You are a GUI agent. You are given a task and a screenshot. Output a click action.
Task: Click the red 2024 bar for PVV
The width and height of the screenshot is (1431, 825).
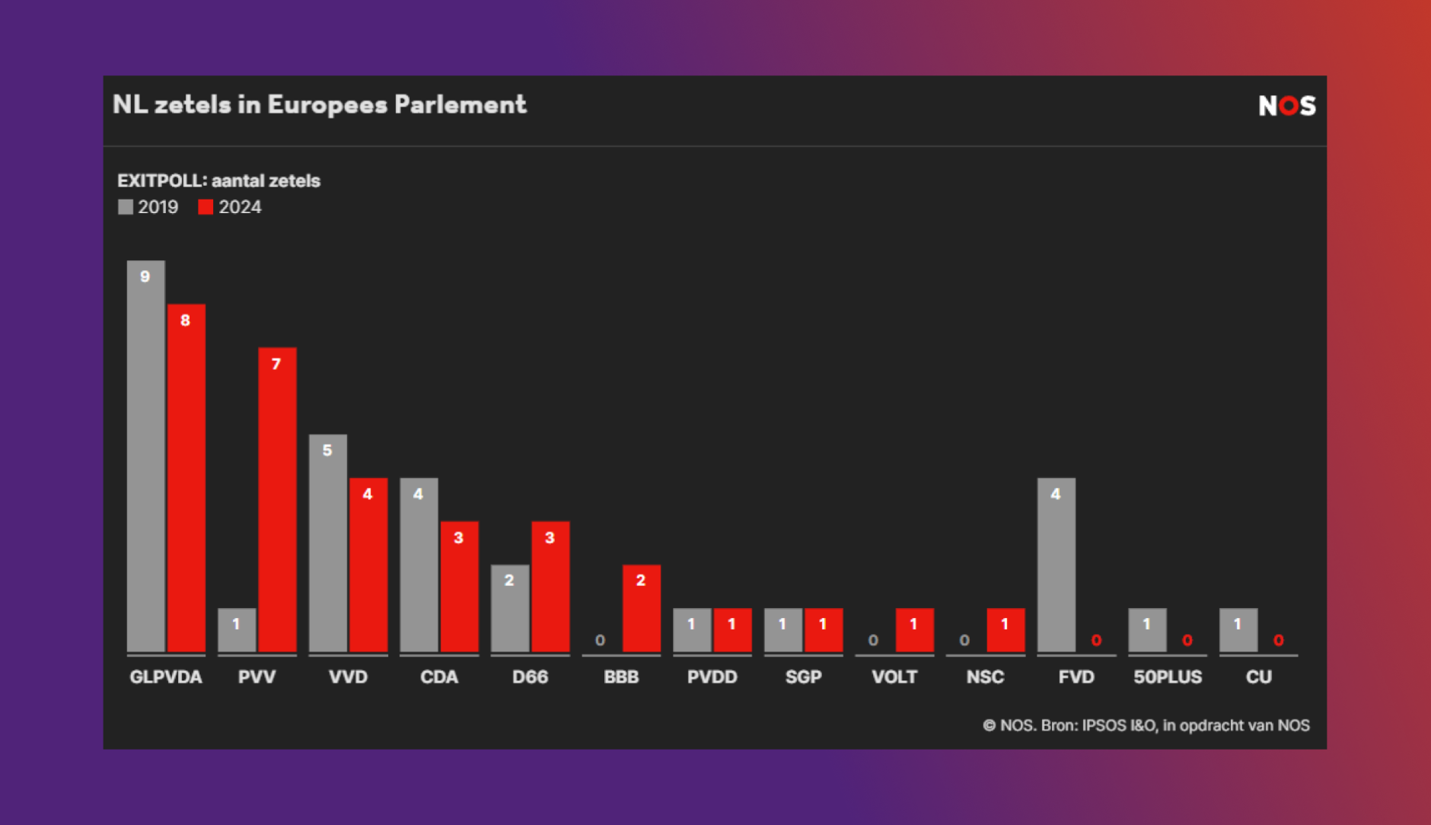pos(277,499)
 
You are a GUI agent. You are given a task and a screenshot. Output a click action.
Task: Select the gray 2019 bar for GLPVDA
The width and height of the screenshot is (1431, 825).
pos(145,457)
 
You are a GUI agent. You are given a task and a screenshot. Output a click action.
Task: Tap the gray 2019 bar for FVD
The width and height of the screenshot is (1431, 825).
pos(1056,565)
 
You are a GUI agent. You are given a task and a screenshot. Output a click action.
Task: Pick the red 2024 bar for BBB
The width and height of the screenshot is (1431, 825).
pos(641,608)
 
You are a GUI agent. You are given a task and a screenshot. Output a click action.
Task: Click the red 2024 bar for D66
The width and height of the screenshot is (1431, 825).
pos(550,586)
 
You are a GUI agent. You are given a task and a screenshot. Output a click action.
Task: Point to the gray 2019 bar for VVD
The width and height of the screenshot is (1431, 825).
pos(327,543)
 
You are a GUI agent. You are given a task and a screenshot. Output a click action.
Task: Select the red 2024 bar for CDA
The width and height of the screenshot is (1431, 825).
pos(459,586)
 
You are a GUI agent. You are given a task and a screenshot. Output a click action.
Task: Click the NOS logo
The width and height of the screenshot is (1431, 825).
pos(1286,105)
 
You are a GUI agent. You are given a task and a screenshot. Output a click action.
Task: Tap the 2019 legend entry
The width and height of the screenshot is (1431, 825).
pos(148,207)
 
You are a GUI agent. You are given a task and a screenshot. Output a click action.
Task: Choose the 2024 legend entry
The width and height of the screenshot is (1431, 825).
pos(230,207)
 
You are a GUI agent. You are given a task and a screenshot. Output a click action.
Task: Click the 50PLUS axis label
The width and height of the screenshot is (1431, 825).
pos(1168,677)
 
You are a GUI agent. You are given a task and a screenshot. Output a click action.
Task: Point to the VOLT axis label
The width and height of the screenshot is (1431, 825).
pos(894,677)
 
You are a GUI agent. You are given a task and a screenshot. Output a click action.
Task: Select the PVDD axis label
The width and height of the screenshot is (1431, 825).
pos(712,677)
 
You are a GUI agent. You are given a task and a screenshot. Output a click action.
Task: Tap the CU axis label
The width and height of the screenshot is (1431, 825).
pos(1258,677)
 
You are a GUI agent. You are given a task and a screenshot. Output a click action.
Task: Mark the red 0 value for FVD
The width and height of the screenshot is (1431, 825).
pos(1096,640)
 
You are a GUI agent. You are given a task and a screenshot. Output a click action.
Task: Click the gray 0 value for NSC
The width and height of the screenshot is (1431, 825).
pos(964,640)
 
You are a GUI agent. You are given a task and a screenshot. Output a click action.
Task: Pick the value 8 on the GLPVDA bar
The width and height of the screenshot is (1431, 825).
pos(185,320)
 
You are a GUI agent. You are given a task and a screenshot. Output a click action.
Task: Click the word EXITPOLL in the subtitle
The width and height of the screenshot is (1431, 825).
pos(161,180)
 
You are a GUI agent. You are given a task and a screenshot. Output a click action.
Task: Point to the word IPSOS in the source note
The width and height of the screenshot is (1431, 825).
pos(1104,725)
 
